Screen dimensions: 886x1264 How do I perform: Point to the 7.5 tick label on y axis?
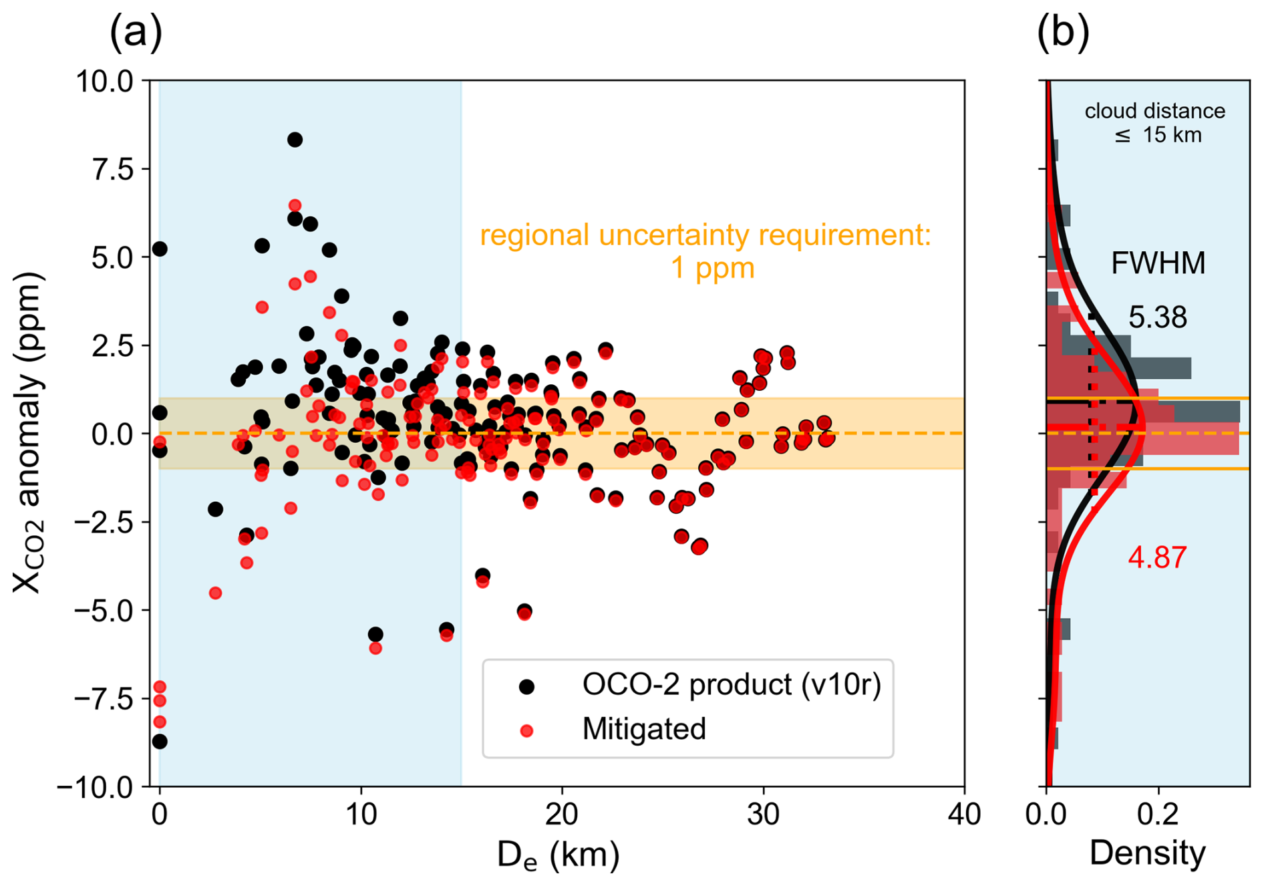tap(112, 170)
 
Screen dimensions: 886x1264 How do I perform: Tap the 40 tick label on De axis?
tap(964, 815)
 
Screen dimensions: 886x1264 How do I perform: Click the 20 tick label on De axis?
tap(561, 815)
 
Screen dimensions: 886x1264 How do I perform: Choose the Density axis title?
tap(1147, 853)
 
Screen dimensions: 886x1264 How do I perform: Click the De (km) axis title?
tap(558, 855)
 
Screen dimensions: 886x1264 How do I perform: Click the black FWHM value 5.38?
tap(1158, 317)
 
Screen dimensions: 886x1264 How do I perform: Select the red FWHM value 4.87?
tap(1157, 557)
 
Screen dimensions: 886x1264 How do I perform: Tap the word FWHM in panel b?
tap(1158, 263)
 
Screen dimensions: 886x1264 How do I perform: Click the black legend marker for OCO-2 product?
tap(527, 686)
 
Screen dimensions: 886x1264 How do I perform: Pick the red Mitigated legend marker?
tap(527, 730)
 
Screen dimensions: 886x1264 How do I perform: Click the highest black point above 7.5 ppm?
tap(295, 140)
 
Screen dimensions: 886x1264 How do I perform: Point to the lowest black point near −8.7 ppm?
tap(160, 742)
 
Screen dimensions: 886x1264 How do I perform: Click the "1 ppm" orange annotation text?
tap(712, 268)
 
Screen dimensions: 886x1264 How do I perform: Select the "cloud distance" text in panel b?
tap(1154, 111)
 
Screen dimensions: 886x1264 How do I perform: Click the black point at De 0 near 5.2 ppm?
tap(160, 249)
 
